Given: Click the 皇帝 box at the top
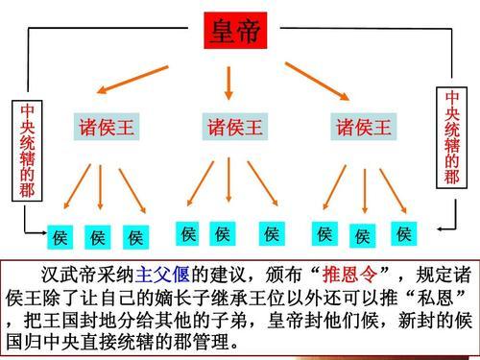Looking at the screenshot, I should tap(234, 33).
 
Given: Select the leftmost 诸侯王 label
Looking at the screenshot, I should tap(107, 128).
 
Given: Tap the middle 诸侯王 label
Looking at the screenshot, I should tap(234, 128).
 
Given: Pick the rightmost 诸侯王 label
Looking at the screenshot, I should tap(363, 128).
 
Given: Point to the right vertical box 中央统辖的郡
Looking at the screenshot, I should tap(452, 136).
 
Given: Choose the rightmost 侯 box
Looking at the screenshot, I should tap(403, 233).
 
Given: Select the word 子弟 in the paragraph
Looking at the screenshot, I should tap(235, 317).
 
